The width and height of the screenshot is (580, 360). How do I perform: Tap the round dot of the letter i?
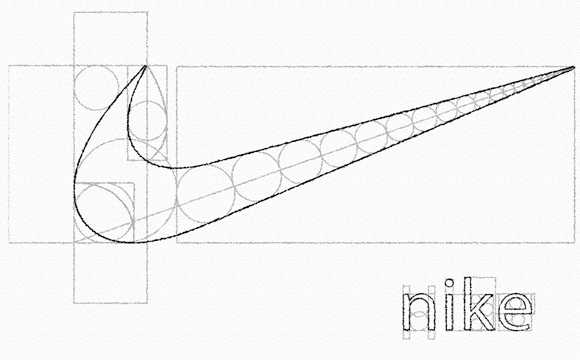[449, 283]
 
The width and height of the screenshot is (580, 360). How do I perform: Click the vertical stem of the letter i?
[449, 312]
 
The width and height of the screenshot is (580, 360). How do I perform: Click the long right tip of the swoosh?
[574, 67]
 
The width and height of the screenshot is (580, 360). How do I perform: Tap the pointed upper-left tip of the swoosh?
[145, 66]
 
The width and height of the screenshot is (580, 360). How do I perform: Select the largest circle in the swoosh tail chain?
[205, 195]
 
